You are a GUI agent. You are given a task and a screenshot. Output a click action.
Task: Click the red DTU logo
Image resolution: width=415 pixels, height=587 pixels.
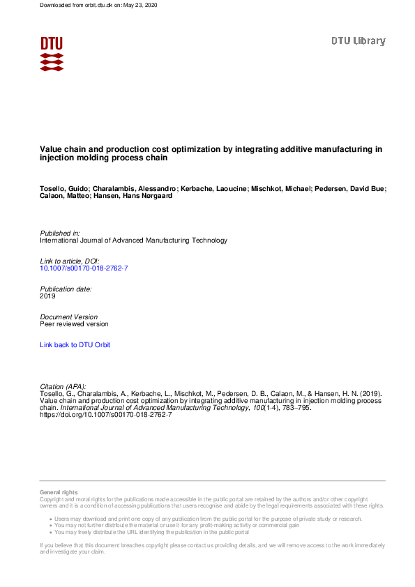click(52, 53)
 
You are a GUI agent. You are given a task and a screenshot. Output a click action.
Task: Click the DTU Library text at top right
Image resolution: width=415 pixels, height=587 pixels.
click(358, 41)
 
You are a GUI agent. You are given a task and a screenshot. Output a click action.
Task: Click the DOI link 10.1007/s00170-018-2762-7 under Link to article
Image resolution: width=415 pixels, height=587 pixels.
click(84, 268)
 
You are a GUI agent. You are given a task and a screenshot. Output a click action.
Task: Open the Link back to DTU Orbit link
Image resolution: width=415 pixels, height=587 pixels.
click(75, 344)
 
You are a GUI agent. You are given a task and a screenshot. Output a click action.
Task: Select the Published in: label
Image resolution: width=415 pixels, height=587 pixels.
click(60, 233)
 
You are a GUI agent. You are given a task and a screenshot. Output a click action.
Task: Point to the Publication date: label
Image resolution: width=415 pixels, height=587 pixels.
click(66, 289)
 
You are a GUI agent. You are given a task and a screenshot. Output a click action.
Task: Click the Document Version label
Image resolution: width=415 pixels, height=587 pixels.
click(69, 317)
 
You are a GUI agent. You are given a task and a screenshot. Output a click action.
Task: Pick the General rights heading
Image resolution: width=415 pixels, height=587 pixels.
click(59, 493)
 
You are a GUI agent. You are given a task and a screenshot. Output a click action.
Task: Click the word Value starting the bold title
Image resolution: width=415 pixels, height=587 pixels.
click(50, 149)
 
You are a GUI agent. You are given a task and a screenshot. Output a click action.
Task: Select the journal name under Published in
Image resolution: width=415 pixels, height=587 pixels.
click(134, 240)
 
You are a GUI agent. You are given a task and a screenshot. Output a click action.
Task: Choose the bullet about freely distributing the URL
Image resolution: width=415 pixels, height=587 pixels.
click(160, 532)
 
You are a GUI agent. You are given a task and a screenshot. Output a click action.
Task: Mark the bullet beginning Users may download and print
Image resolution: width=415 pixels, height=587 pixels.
click(216, 519)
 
